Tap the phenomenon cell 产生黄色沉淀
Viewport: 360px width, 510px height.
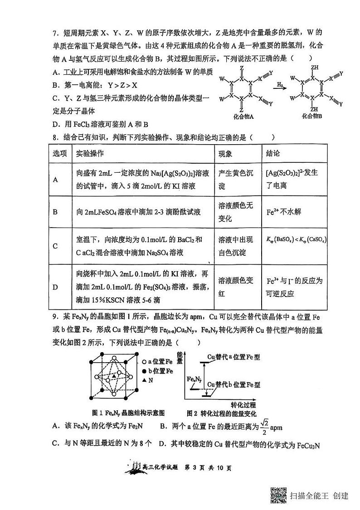pos(235,180)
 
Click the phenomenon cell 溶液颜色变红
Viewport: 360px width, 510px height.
pos(235,287)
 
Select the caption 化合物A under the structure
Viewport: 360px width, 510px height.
pos(242,116)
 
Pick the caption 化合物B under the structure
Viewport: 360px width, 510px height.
pos(312,116)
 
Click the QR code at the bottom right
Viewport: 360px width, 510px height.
pos(278,495)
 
